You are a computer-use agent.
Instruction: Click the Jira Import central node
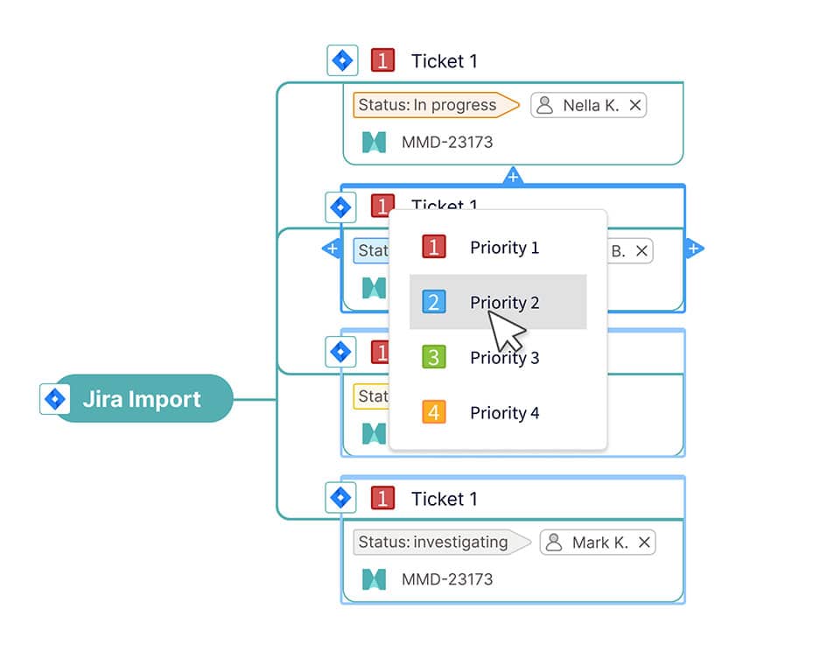coord(142,399)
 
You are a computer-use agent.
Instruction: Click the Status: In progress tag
coord(429,105)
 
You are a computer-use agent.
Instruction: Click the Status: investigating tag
coord(434,543)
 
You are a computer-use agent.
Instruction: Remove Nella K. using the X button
coord(635,106)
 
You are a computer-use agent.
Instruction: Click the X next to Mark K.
coord(644,543)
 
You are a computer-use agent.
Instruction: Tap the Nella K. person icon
coord(545,106)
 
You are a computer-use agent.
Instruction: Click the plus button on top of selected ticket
coord(513,178)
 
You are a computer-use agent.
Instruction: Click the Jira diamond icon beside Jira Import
coord(55,399)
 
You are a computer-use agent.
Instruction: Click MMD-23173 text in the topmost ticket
coord(447,142)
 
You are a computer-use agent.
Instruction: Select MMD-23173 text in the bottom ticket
coord(447,579)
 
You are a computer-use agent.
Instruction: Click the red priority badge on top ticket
coord(382,60)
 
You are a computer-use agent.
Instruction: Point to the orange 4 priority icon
coord(433,412)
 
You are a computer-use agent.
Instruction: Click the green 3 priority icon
coord(433,357)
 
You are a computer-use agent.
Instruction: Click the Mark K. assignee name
coord(600,543)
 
